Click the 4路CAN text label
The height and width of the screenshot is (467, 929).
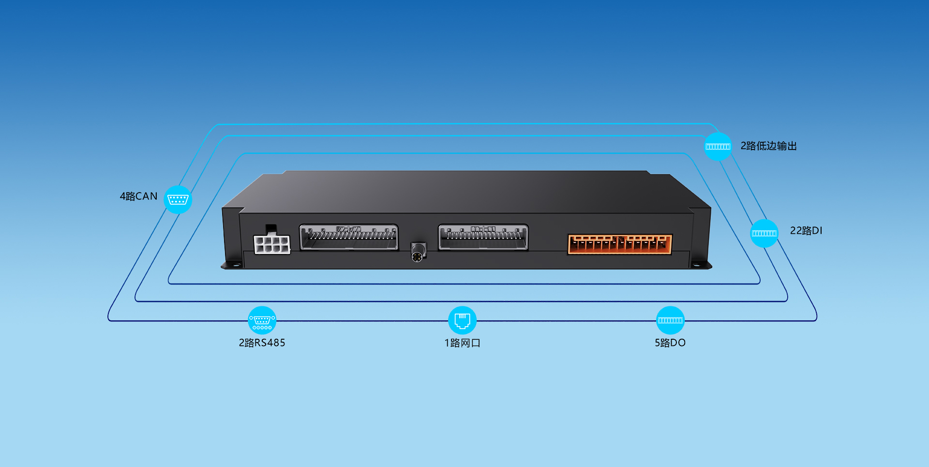coord(138,196)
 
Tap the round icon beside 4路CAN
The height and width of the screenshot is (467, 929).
coord(178,199)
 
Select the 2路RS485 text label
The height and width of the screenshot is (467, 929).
coord(262,343)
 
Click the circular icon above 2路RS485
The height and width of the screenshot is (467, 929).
coord(262,320)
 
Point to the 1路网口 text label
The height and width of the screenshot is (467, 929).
coord(462,343)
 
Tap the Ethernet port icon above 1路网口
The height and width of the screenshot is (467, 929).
coord(462,320)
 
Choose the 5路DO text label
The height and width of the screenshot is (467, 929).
coord(670,343)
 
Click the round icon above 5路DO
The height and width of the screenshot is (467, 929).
coord(670,320)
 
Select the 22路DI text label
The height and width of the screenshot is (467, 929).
coord(806,231)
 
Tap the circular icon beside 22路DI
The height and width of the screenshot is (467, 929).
coord(764,233)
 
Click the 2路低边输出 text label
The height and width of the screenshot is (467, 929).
coord(768,146)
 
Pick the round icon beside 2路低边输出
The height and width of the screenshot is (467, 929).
coord(718,146)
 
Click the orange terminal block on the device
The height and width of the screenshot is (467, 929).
coord(620,244)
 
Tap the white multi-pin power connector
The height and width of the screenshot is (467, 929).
coord(272,244)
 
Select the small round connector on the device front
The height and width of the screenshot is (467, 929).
coord(418,252)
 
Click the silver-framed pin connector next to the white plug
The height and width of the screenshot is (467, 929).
coord(349,237)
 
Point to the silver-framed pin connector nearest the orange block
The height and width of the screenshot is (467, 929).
coord(483,237)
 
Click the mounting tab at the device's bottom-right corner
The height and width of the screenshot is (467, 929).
coord(701,265)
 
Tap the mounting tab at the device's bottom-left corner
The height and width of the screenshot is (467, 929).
coord(232,265)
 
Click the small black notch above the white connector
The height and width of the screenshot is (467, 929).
coord(271,228)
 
